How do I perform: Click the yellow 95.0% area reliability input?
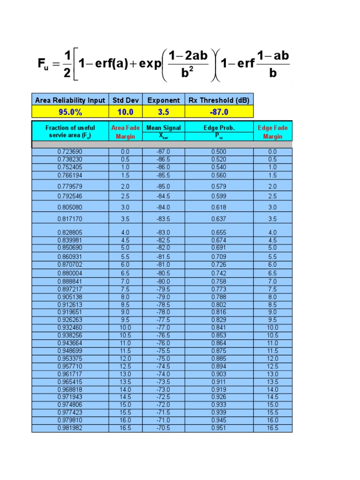[x=70, y=112]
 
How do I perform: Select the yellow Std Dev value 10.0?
[x=125, y=112]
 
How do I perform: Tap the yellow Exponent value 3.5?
[x=164, y=112]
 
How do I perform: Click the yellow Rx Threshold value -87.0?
[x=219, y=112]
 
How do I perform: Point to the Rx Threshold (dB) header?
[x=219, y=100]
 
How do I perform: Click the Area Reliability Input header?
[x=70, y=100]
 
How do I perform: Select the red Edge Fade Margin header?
[x=273, y=132]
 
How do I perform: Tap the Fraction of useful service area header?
[x=70, y=131]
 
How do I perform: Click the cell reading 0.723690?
[x=70, y=152]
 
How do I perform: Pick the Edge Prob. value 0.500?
[x=219, y=152]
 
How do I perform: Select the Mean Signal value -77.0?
[x=164, y=328]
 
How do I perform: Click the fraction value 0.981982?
[x=70, y=428]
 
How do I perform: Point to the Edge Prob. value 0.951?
[x=219, y=428]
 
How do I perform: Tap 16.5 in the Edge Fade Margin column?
[x=273, y=428]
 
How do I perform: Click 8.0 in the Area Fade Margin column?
[x=125, y=297]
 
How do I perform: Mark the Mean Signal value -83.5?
[x=164, y=219]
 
